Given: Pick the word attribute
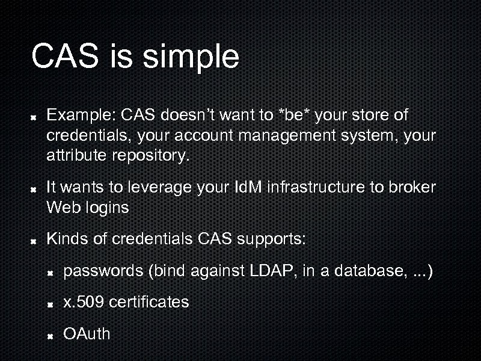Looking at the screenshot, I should [76, 156].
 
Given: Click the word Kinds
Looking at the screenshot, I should [66, 239].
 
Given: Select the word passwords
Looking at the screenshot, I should [103, 271].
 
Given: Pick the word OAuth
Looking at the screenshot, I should [87, 334].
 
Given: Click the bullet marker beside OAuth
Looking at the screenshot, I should [52, 335].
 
